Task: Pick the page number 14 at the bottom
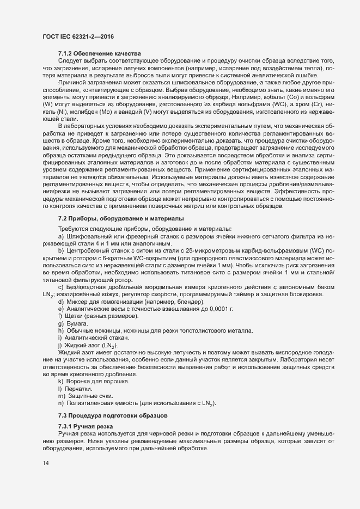coord(46,464)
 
